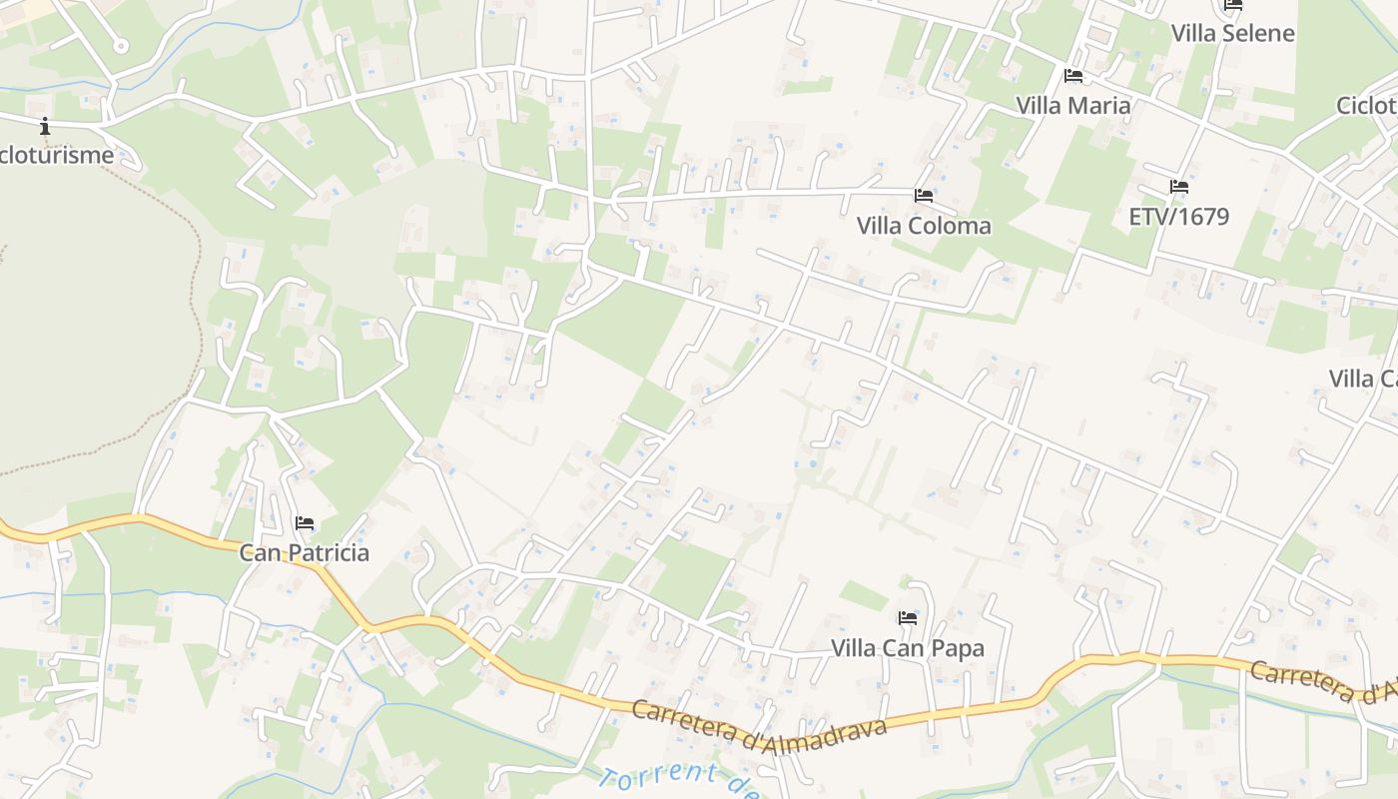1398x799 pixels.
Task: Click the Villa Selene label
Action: coord(1232,33)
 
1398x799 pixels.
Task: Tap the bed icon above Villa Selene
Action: coord(1233,5)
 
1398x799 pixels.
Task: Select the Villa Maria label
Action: coord(1073,105)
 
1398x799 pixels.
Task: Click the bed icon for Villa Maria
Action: coord(1073,76)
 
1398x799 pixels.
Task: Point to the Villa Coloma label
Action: coord(924,225)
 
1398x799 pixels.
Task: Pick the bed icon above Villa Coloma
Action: coord(924,196)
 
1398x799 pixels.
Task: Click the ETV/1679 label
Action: coord(1178,216)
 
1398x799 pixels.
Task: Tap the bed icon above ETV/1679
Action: coord(1179,187)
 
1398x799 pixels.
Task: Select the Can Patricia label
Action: coord(305,552)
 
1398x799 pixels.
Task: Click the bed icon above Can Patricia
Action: coord(305,523)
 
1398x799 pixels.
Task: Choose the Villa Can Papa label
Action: coord(908,648)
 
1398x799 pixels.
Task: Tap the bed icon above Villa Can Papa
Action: coord(908,618)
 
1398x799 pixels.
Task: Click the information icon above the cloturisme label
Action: coord(45,127)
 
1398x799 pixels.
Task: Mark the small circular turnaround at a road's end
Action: coord(121,46)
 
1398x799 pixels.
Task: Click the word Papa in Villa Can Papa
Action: coord(958,648)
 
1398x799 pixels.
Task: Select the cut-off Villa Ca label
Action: coord(1363,379)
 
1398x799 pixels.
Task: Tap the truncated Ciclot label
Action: coord(1367,106)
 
